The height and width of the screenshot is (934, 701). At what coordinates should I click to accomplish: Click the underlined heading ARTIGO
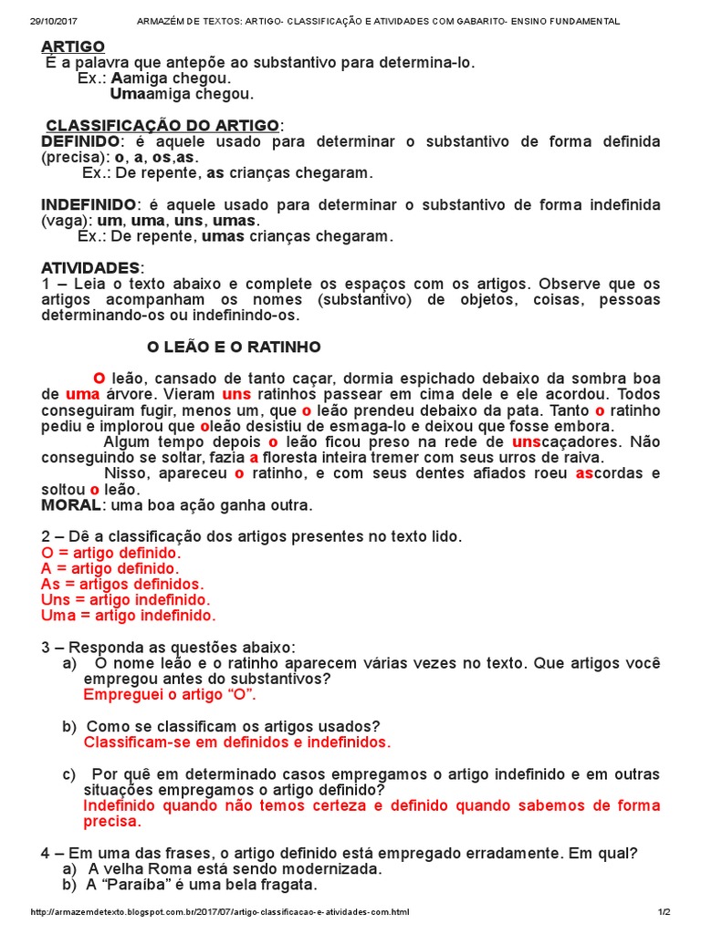[73, 47]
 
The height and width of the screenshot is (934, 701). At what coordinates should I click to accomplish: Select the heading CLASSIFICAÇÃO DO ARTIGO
[163, 126]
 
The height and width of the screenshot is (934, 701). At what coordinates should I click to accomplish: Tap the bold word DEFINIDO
[80, 141]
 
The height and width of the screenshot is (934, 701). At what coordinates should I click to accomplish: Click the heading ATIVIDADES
[90, 268]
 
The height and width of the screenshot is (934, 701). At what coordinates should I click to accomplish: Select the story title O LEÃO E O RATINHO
[235, 348]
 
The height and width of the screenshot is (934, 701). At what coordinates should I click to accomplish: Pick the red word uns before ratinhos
[235, 395]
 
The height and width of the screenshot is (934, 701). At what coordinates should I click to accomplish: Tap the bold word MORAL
[72, 505]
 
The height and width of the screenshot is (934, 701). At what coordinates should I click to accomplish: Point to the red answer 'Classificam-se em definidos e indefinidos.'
[237, 742]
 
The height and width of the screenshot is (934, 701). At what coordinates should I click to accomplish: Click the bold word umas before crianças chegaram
[223, 237]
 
